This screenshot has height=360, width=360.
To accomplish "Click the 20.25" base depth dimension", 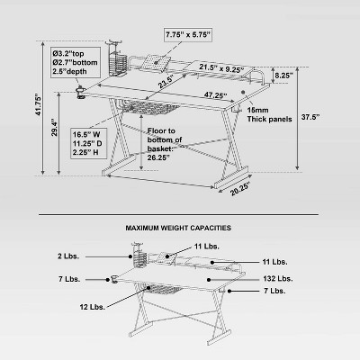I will tap(238, 188).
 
